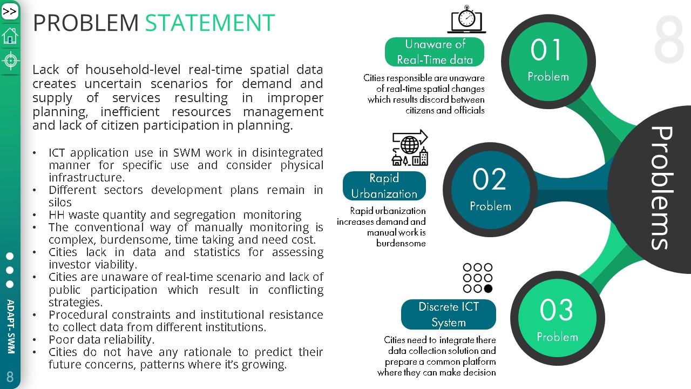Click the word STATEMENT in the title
(210, 23)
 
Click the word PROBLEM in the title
(86, 23)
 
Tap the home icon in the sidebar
(10, 36)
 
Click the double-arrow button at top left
(10, 12)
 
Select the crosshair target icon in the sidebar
(10, 61)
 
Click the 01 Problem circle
(548, 62)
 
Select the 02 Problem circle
(490, 190)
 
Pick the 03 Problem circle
(558, 318)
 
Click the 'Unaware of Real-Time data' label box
(435, 52)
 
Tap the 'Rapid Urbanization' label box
(384, 186)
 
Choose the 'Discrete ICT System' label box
(449, 314)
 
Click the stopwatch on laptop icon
(466, 19)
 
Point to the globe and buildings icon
(410, 148)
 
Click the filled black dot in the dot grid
(488, 289)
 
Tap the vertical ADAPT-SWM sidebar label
(11, 326)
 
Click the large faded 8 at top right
(669, 39)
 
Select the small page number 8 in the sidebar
(10, 377)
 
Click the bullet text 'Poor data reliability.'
(101, 340)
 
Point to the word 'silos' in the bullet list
(60, 203)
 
